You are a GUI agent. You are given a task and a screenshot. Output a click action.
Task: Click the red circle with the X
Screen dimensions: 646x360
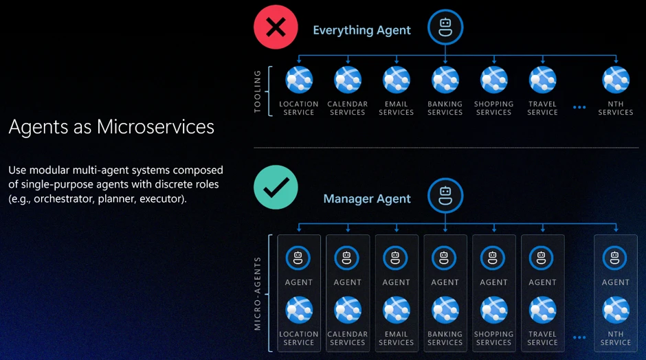point(276,27)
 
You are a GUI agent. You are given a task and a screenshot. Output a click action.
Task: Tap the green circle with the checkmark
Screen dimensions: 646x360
point(276,188)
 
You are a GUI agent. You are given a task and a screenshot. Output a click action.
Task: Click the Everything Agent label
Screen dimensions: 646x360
point(361,30)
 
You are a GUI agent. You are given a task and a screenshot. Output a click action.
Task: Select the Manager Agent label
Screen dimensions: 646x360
point(367,199)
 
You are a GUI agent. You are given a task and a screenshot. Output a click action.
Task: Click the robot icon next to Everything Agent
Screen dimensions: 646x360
point(445,27)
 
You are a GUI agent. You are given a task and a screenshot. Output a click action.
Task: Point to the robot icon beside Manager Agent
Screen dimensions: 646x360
point(445,196)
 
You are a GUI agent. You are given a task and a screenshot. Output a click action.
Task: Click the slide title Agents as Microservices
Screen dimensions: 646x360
point(111,126)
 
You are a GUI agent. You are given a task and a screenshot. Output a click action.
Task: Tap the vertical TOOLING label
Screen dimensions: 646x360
point(258,91)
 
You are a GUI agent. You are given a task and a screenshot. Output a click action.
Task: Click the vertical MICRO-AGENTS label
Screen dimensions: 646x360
point(258,293)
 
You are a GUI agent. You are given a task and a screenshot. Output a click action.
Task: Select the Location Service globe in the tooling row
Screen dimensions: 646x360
point(299,80)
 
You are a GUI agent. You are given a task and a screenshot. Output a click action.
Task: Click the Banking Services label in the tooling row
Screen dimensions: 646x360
point(445,109)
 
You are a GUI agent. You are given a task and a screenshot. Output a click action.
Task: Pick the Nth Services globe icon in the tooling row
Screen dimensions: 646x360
point(616,80)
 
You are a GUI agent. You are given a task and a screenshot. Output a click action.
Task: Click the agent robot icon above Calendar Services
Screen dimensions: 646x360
point(347,258)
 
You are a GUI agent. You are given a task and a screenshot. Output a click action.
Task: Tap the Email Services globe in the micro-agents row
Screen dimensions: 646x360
point(397,310)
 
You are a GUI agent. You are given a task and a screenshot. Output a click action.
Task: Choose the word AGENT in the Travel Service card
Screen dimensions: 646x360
point(543,282)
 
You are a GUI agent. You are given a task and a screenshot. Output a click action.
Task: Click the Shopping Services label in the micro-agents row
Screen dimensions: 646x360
point(493,338)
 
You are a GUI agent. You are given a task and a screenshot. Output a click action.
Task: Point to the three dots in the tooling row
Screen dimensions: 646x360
point(579,107)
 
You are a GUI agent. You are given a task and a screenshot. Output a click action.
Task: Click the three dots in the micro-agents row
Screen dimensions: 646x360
point(579,337)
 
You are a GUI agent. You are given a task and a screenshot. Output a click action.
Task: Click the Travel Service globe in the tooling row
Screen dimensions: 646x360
point(543,80)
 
